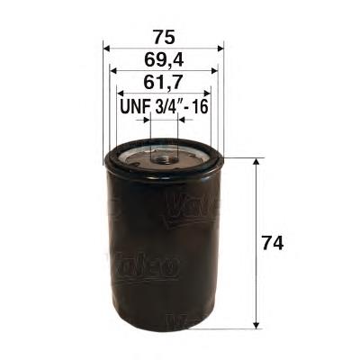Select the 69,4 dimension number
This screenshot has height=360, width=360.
pyautogui.click(x=164, y=60)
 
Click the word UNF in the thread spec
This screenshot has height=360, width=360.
pyautogui.click(x=135, y=106)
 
